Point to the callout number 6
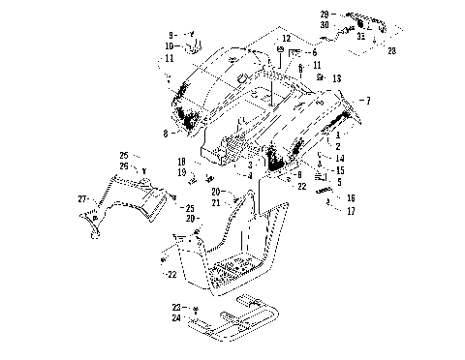314,52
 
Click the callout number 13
336,77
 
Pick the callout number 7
366,100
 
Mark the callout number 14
340,158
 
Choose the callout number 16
351,197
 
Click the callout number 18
180,162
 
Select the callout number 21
216,202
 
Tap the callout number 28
391,50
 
